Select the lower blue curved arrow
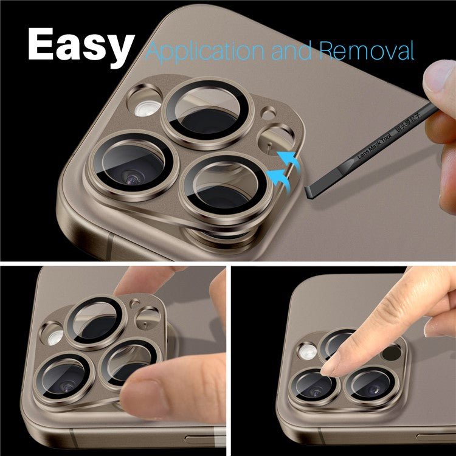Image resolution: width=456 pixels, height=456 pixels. click(280, 178)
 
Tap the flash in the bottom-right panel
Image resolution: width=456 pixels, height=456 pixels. click(307, 351)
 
